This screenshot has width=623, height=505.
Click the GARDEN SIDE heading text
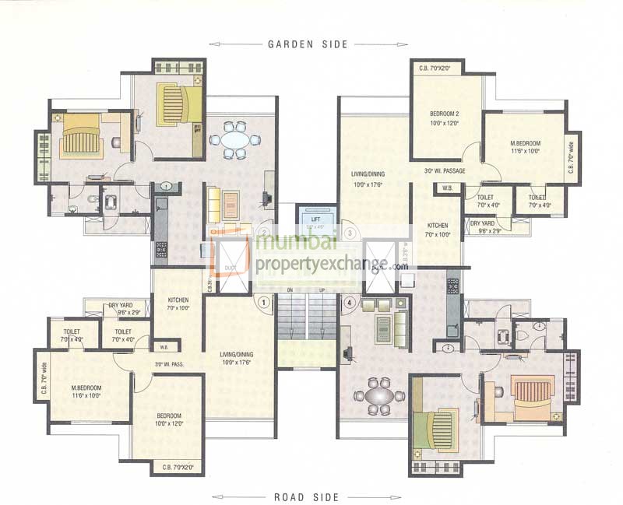[308, 44]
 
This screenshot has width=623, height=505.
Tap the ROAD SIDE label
[308, 496]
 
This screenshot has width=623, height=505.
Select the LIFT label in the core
[315, 219]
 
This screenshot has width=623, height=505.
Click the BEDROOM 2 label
[445, 113]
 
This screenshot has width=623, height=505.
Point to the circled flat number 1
[264, 301]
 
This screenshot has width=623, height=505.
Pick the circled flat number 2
[265, 232]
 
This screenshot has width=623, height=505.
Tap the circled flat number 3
[350, 232]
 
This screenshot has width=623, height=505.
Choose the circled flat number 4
[350, 301]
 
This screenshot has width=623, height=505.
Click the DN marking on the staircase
[290, 289]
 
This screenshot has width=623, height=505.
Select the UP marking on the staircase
[322, 289]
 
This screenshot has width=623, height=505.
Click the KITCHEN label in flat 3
[437, 226]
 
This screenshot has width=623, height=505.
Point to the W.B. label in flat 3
[447, 188]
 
